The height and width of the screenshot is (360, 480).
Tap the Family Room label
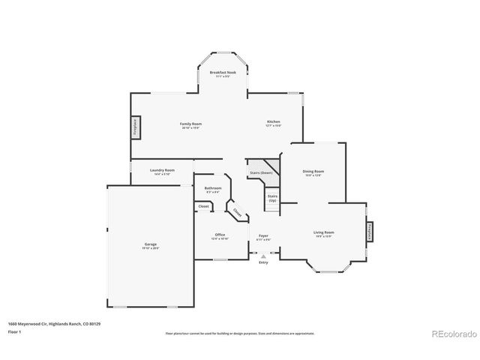click(x=190, y=124)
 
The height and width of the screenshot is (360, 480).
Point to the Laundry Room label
click(x=162, y=171)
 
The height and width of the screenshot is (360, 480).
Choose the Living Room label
click(x=323, y=233)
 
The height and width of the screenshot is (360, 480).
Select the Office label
click(x=220, y=235)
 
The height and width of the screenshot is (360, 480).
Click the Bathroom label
click(x=213, y=189)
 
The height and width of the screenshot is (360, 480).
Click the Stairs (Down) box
click(x=261, y=172)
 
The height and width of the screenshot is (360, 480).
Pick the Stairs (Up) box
click(x=271, y=198)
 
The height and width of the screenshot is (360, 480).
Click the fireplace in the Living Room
click(x=370, y=232)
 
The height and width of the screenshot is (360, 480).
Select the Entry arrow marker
click(x=263, y=255)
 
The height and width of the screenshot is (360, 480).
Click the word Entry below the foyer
click(x=263, y=262)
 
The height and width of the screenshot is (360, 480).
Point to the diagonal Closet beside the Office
click(x=237, y=213)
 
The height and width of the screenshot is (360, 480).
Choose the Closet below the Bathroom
click(x=203, y=205)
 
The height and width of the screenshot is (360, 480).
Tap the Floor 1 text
click(x=13, y=331)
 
